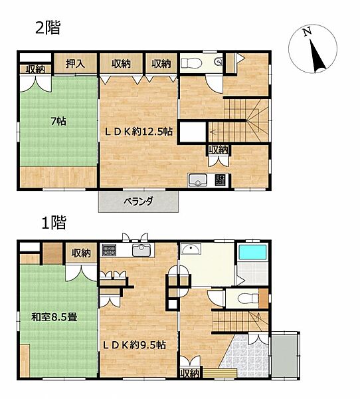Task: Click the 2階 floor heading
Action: [48, 28]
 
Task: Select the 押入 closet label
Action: [75, 63]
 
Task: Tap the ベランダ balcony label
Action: [138, 201]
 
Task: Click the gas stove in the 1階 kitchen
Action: [109, 250]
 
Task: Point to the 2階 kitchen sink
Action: [198, 180]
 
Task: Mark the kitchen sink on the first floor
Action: [141, 250]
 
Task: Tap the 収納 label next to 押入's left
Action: [35, 69]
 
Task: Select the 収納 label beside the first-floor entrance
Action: [190, 373]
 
